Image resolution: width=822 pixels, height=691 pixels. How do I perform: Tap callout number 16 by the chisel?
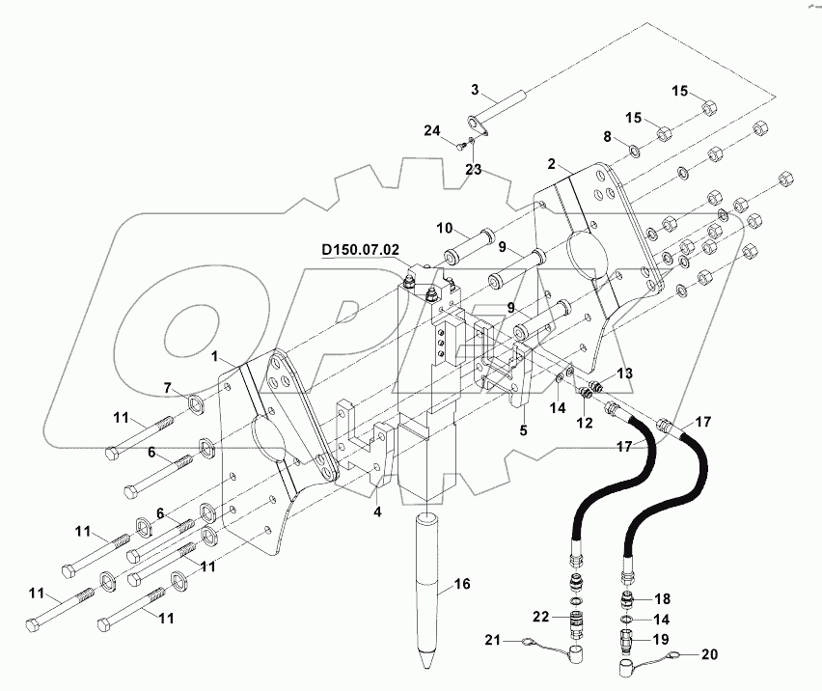pos(462,583)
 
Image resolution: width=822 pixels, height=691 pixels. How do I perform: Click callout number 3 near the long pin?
pos(474,90)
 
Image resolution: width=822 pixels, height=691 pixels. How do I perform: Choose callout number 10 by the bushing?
pos(444,228)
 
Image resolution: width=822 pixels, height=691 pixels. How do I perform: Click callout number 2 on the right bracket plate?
pos(552,165)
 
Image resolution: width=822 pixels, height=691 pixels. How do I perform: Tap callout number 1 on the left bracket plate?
pos(219,356)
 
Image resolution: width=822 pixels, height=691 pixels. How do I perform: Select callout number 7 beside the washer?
pos(167,388)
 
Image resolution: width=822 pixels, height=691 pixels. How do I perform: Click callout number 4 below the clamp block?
pos(378,512)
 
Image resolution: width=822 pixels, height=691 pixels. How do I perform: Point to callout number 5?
pos(523,432)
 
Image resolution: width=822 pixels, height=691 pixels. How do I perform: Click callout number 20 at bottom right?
pos(709,654)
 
